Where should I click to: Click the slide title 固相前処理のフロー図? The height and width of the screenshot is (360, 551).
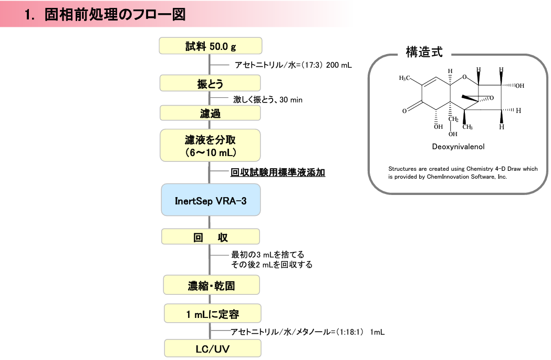pyautogui.click(x=115, y=14)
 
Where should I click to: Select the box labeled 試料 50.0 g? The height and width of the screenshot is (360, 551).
pyautogui.click(x=211, y=46)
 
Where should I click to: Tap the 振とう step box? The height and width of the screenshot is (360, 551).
pyautogui.click(x=210, y=84)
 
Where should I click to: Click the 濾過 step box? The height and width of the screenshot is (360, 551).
pyautogui.click(x=210, y=113)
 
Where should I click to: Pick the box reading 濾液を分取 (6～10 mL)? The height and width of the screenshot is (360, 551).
pyautogui.click(x=210, y=145)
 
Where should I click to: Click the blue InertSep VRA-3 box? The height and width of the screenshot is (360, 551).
pyautogui.click(x=211, y=200)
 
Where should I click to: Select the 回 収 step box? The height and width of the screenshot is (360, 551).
pyautogui.click(x=211, y=236)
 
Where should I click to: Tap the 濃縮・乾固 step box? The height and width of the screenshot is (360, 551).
pyautogui.click(x=212, y=285)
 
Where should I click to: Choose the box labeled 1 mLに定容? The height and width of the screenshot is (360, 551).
pyautogui.click(x=213, y=313)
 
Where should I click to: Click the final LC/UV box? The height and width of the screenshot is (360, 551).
pyautogui.click(x=213, y=348)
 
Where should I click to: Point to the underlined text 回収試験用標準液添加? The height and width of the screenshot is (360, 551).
pyautogui.click(x=278, y=172)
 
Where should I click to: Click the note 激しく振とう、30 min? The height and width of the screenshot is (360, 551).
pyautogui.click(x=268, y=99)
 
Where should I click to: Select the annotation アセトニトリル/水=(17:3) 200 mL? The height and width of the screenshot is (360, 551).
pyautogui.click(x=293, y=65)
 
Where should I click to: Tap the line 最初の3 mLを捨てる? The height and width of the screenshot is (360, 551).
pyautogui.click(x=268, y=254)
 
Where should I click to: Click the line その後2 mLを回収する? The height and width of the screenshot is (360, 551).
pyautogui.click(x=272, y=264)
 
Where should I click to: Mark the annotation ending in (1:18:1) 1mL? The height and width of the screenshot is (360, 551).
pyautogui.click(x=307, y=332)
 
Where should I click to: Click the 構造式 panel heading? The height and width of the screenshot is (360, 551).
pyautogui.click(x=424, y=52)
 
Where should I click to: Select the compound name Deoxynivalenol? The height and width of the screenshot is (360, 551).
pyautogui.click(x=458, y=147)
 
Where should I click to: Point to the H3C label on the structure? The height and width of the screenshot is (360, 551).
pyautogui.click(x=404, y=78)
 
